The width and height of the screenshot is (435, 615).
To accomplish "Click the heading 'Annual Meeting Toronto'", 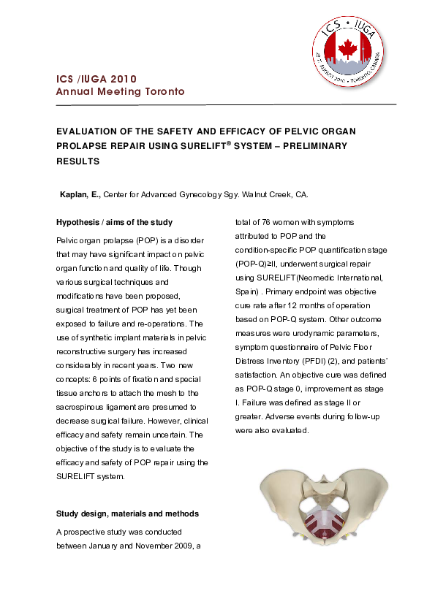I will tap(121, 92).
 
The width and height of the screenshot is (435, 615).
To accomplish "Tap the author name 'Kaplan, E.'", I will tap(79, 195).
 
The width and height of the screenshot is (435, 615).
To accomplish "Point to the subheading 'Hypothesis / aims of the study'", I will tap(114, 222).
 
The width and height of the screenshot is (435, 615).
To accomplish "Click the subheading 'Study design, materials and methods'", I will tap(127, 513).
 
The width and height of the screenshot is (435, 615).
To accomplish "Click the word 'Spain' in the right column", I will tap(246, 291).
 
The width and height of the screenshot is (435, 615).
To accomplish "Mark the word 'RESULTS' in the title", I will tap(77, 160).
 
